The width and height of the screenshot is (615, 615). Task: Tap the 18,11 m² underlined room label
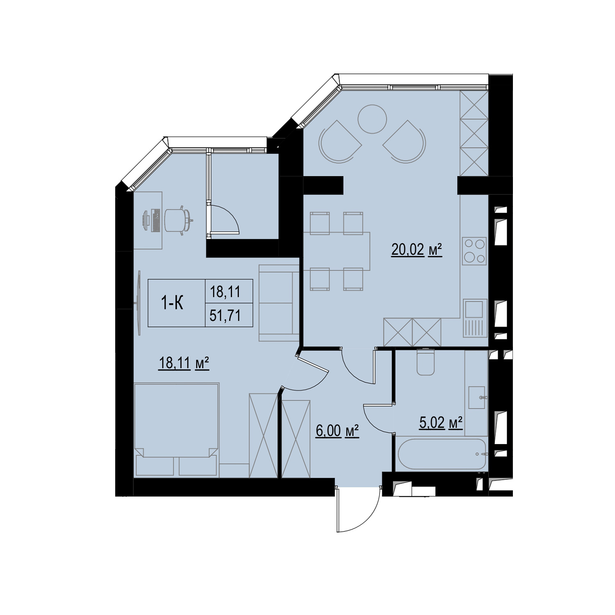point(184,363)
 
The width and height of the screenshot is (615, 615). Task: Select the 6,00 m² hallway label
point(337,431)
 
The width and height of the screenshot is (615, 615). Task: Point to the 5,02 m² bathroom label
point(441,422)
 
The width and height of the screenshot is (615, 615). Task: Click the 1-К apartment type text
point(172,303)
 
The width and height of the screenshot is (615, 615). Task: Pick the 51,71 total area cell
point(225,315)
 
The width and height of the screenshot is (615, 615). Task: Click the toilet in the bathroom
point(425,361)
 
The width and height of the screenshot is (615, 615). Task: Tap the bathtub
point(442,454)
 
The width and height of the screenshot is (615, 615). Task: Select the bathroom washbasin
point(477,397)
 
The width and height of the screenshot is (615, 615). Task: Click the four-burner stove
point(474,251)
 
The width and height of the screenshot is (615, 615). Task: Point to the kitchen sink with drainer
point(475,318)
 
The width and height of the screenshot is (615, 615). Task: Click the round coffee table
point(372,119)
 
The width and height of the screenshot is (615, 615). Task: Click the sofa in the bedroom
point(279,303)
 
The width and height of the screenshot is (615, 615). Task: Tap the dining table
point(337,251)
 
